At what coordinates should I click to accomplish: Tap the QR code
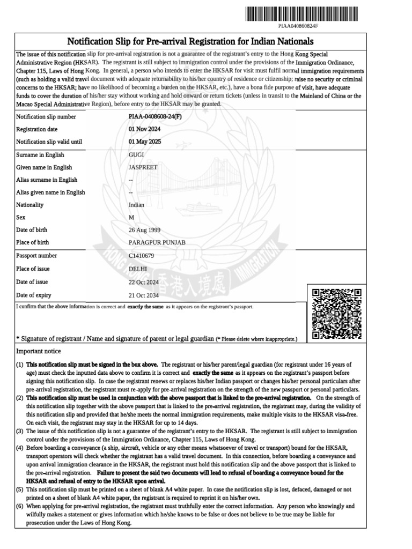click(x=336, y=314)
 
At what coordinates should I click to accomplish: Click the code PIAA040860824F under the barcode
click(x=298, y=26)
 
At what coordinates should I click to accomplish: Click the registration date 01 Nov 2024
click(x=145, y=129)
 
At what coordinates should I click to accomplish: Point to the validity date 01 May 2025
click(x=145, y=142)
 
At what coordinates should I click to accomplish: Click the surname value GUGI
click(x=137, y=155)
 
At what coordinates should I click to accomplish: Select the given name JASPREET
click(x=143, y=167)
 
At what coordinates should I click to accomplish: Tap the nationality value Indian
click(x=137, y=205)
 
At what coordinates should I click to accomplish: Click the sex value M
click(x=131, y=217)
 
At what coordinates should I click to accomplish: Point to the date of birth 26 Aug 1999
click(x=145, y=230)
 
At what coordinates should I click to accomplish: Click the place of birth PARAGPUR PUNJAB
click(x=157, y=242)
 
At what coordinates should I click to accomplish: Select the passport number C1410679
click(x=142, y=256)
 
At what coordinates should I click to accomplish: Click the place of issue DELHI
click(x=138, y=269)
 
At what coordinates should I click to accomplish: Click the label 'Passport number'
click(x=36, y=256)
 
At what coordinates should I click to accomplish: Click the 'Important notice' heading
click(x=39, y=351)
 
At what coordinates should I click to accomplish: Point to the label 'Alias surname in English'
click(x=47, y=180)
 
